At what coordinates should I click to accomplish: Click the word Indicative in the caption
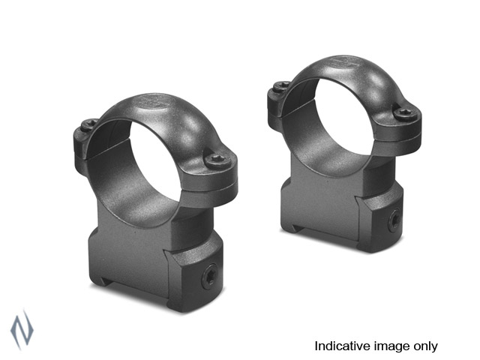(x=339, y=346)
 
